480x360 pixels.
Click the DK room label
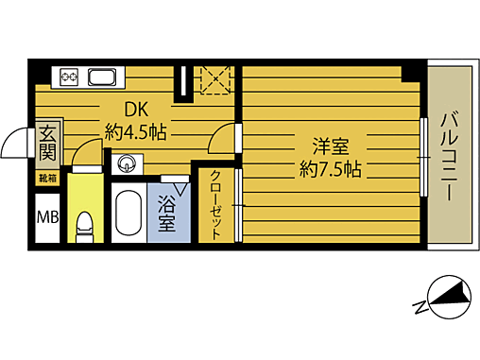(136, 111)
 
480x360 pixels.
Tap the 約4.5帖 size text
(136, 132)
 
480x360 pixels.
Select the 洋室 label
(331, 146)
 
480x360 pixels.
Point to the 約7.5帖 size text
(331, 170)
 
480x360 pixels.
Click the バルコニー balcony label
(450, 156)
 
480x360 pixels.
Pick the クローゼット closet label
(215, 205)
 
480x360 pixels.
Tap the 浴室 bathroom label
(167, 214)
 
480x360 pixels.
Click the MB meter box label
(47, 217)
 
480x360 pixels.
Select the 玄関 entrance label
(48, 143)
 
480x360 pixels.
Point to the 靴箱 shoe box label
(47, 179)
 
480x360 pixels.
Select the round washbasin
(127, 164)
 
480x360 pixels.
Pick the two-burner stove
(69, 77)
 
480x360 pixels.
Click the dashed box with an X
(215, 80)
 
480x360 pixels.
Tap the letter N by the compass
(420, 307)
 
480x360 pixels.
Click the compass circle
(450, 297)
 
